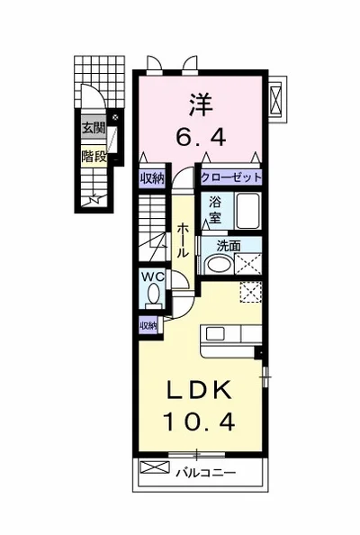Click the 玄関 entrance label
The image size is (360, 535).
pos(94,128)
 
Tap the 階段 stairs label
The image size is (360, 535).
pos(94,157)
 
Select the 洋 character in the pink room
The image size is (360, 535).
pos(201,104)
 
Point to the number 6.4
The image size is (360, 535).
pos(201,137)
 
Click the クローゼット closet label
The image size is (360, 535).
pos(231,177)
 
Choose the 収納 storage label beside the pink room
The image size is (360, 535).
pos(152,178)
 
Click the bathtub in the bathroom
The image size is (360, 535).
pos(248,211)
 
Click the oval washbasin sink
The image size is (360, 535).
pos(219,264)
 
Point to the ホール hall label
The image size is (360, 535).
pos(183,240)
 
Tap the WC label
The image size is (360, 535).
pos(153,277)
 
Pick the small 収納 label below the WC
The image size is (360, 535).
pos(148,325)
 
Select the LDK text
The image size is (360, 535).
pos(200,391)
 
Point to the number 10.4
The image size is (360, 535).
pos(200,421)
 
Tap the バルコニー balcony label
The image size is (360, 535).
pos(205,473)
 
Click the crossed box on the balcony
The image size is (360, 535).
pos(155,467)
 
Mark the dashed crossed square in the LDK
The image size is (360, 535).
pos(251,292)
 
